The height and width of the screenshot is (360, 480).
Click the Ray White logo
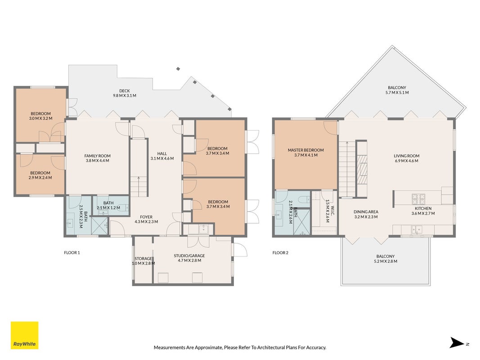[24, 335]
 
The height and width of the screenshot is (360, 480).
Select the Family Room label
[97, 156]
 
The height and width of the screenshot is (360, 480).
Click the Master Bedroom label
[305, 150]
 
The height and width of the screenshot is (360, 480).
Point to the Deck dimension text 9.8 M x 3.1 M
[125, 95]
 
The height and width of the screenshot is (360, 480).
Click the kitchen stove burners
[418, 199]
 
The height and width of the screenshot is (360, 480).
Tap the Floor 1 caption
[72, 252]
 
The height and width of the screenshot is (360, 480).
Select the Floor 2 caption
[280, 252]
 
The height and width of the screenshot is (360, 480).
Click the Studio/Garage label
[189, 256]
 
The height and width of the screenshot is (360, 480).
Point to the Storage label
[143, 259]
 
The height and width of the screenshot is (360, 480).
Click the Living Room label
[407, 156]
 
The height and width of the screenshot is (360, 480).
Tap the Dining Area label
[366, 212]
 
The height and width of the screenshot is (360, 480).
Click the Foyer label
[146, 217]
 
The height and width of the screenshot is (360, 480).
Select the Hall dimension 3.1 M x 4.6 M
[162, 158]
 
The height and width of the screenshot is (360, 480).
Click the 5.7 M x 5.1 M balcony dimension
[397, 92]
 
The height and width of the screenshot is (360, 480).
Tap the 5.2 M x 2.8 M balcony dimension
[386, 261]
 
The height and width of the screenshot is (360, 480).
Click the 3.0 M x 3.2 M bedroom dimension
[40, 118]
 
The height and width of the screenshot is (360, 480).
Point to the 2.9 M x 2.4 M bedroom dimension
[40, 178]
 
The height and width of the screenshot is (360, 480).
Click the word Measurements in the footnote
[169, 347]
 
